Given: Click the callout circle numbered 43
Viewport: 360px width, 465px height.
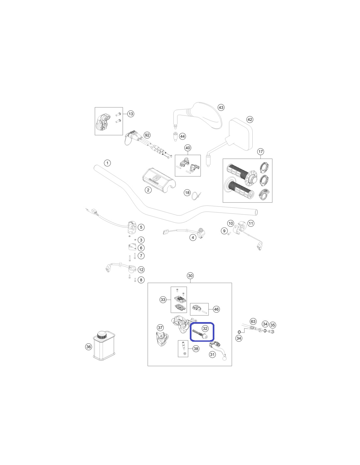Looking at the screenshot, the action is (221, 107).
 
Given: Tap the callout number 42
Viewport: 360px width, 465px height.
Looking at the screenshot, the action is (250, 119).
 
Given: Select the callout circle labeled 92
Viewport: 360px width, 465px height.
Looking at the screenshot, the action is (147, 135).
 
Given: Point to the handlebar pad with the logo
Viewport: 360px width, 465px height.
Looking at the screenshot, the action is (159, 179).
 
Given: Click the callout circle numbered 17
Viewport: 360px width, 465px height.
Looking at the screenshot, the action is (261, 152).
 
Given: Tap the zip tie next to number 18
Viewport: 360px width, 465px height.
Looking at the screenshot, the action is (197, 196).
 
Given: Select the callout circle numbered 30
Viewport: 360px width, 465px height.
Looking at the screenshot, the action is (190, 276).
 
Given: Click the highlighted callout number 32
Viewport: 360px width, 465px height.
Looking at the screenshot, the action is (205, 328).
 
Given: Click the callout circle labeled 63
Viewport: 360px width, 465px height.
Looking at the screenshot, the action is (253, 321).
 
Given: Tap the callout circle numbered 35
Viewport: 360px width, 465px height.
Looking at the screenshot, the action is (272, 325).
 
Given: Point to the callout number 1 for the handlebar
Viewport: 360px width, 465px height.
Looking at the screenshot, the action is (107, 163).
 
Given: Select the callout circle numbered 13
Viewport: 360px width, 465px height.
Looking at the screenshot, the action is (131, 113).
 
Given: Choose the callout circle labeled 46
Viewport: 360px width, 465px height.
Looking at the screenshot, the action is (216, 309).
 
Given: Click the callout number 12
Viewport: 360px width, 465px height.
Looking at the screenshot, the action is (141, 270).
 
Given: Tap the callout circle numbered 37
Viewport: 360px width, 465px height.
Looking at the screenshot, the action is (160, 327).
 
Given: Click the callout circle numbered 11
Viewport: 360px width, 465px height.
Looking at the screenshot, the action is (251, 223).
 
